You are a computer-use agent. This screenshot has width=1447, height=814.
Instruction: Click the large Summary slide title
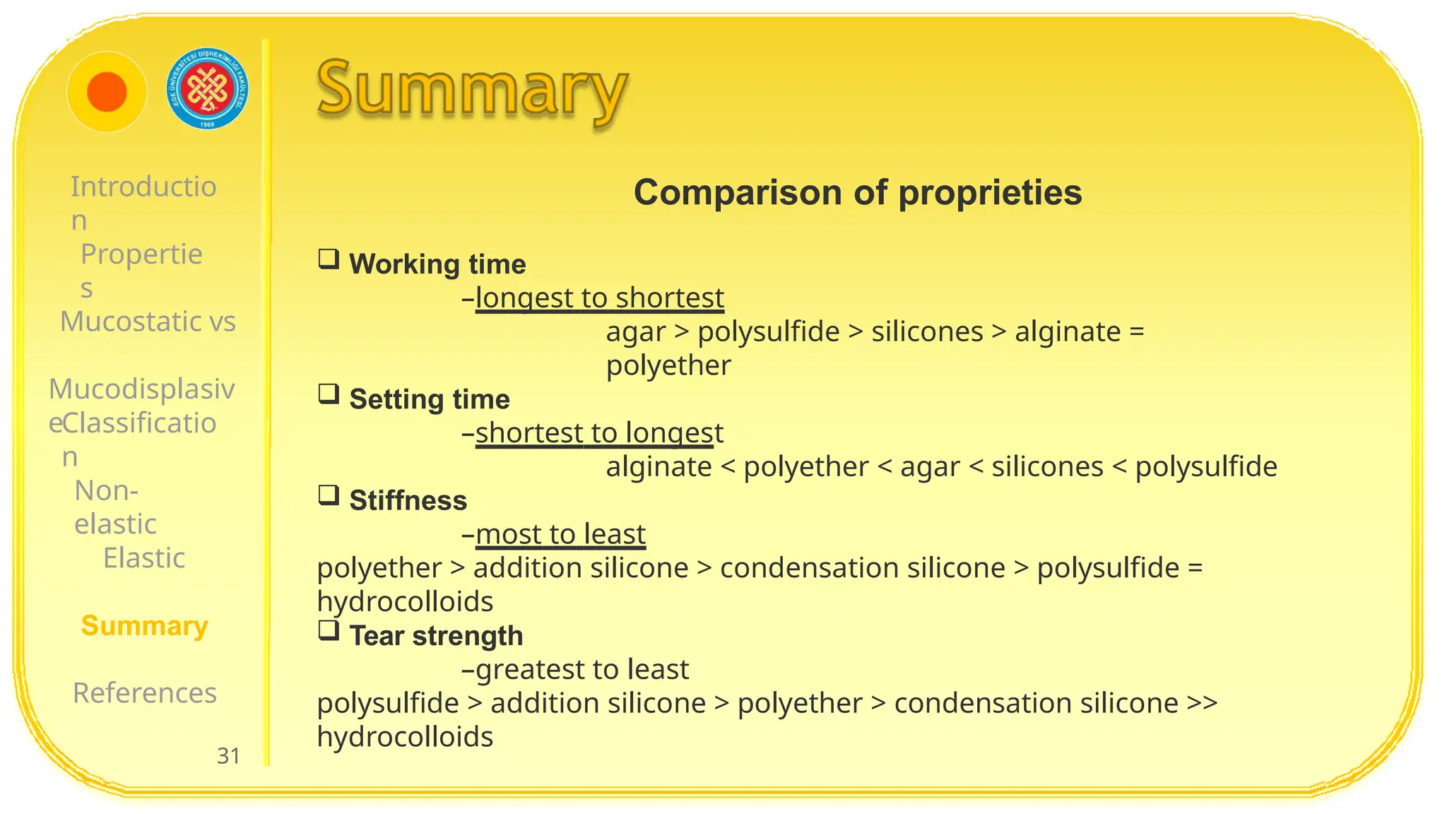pos(472,90)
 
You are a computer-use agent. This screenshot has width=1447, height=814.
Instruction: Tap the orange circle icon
pos(107,92)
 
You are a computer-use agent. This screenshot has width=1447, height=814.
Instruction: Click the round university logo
pos(208,89)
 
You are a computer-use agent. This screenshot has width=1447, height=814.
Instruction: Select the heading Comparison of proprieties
pos(857,192)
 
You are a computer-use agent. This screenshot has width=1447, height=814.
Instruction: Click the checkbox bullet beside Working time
pos(329,259)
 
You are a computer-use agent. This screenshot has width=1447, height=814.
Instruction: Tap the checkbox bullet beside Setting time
pos(329,394)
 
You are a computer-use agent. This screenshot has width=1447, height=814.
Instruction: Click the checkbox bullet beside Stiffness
pos(329,495)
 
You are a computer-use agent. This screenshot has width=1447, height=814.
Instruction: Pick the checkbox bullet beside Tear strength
pos(329,630)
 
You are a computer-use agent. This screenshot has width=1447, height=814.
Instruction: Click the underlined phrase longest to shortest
pos(599,297)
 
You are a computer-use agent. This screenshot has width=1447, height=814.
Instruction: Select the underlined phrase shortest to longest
pos(599,432)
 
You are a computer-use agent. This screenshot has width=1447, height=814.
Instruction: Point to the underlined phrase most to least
pos(560,534)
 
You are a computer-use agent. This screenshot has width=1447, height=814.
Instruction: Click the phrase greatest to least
pos(582,669)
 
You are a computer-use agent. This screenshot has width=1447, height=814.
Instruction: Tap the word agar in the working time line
pos(635,331)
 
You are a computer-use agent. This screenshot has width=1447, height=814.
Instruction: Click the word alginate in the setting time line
pos(658,466)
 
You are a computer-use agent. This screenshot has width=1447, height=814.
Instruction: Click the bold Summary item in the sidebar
pos(144,625)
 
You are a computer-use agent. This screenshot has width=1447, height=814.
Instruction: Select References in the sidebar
pos(145,692)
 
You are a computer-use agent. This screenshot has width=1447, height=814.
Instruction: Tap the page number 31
pos(228,755)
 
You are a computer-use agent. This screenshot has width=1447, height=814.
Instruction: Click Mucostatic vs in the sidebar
pos(148,322)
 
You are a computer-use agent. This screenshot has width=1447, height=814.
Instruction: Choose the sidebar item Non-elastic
pos(114,507)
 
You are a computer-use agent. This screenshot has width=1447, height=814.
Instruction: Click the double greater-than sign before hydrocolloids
pos(1202,703)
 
